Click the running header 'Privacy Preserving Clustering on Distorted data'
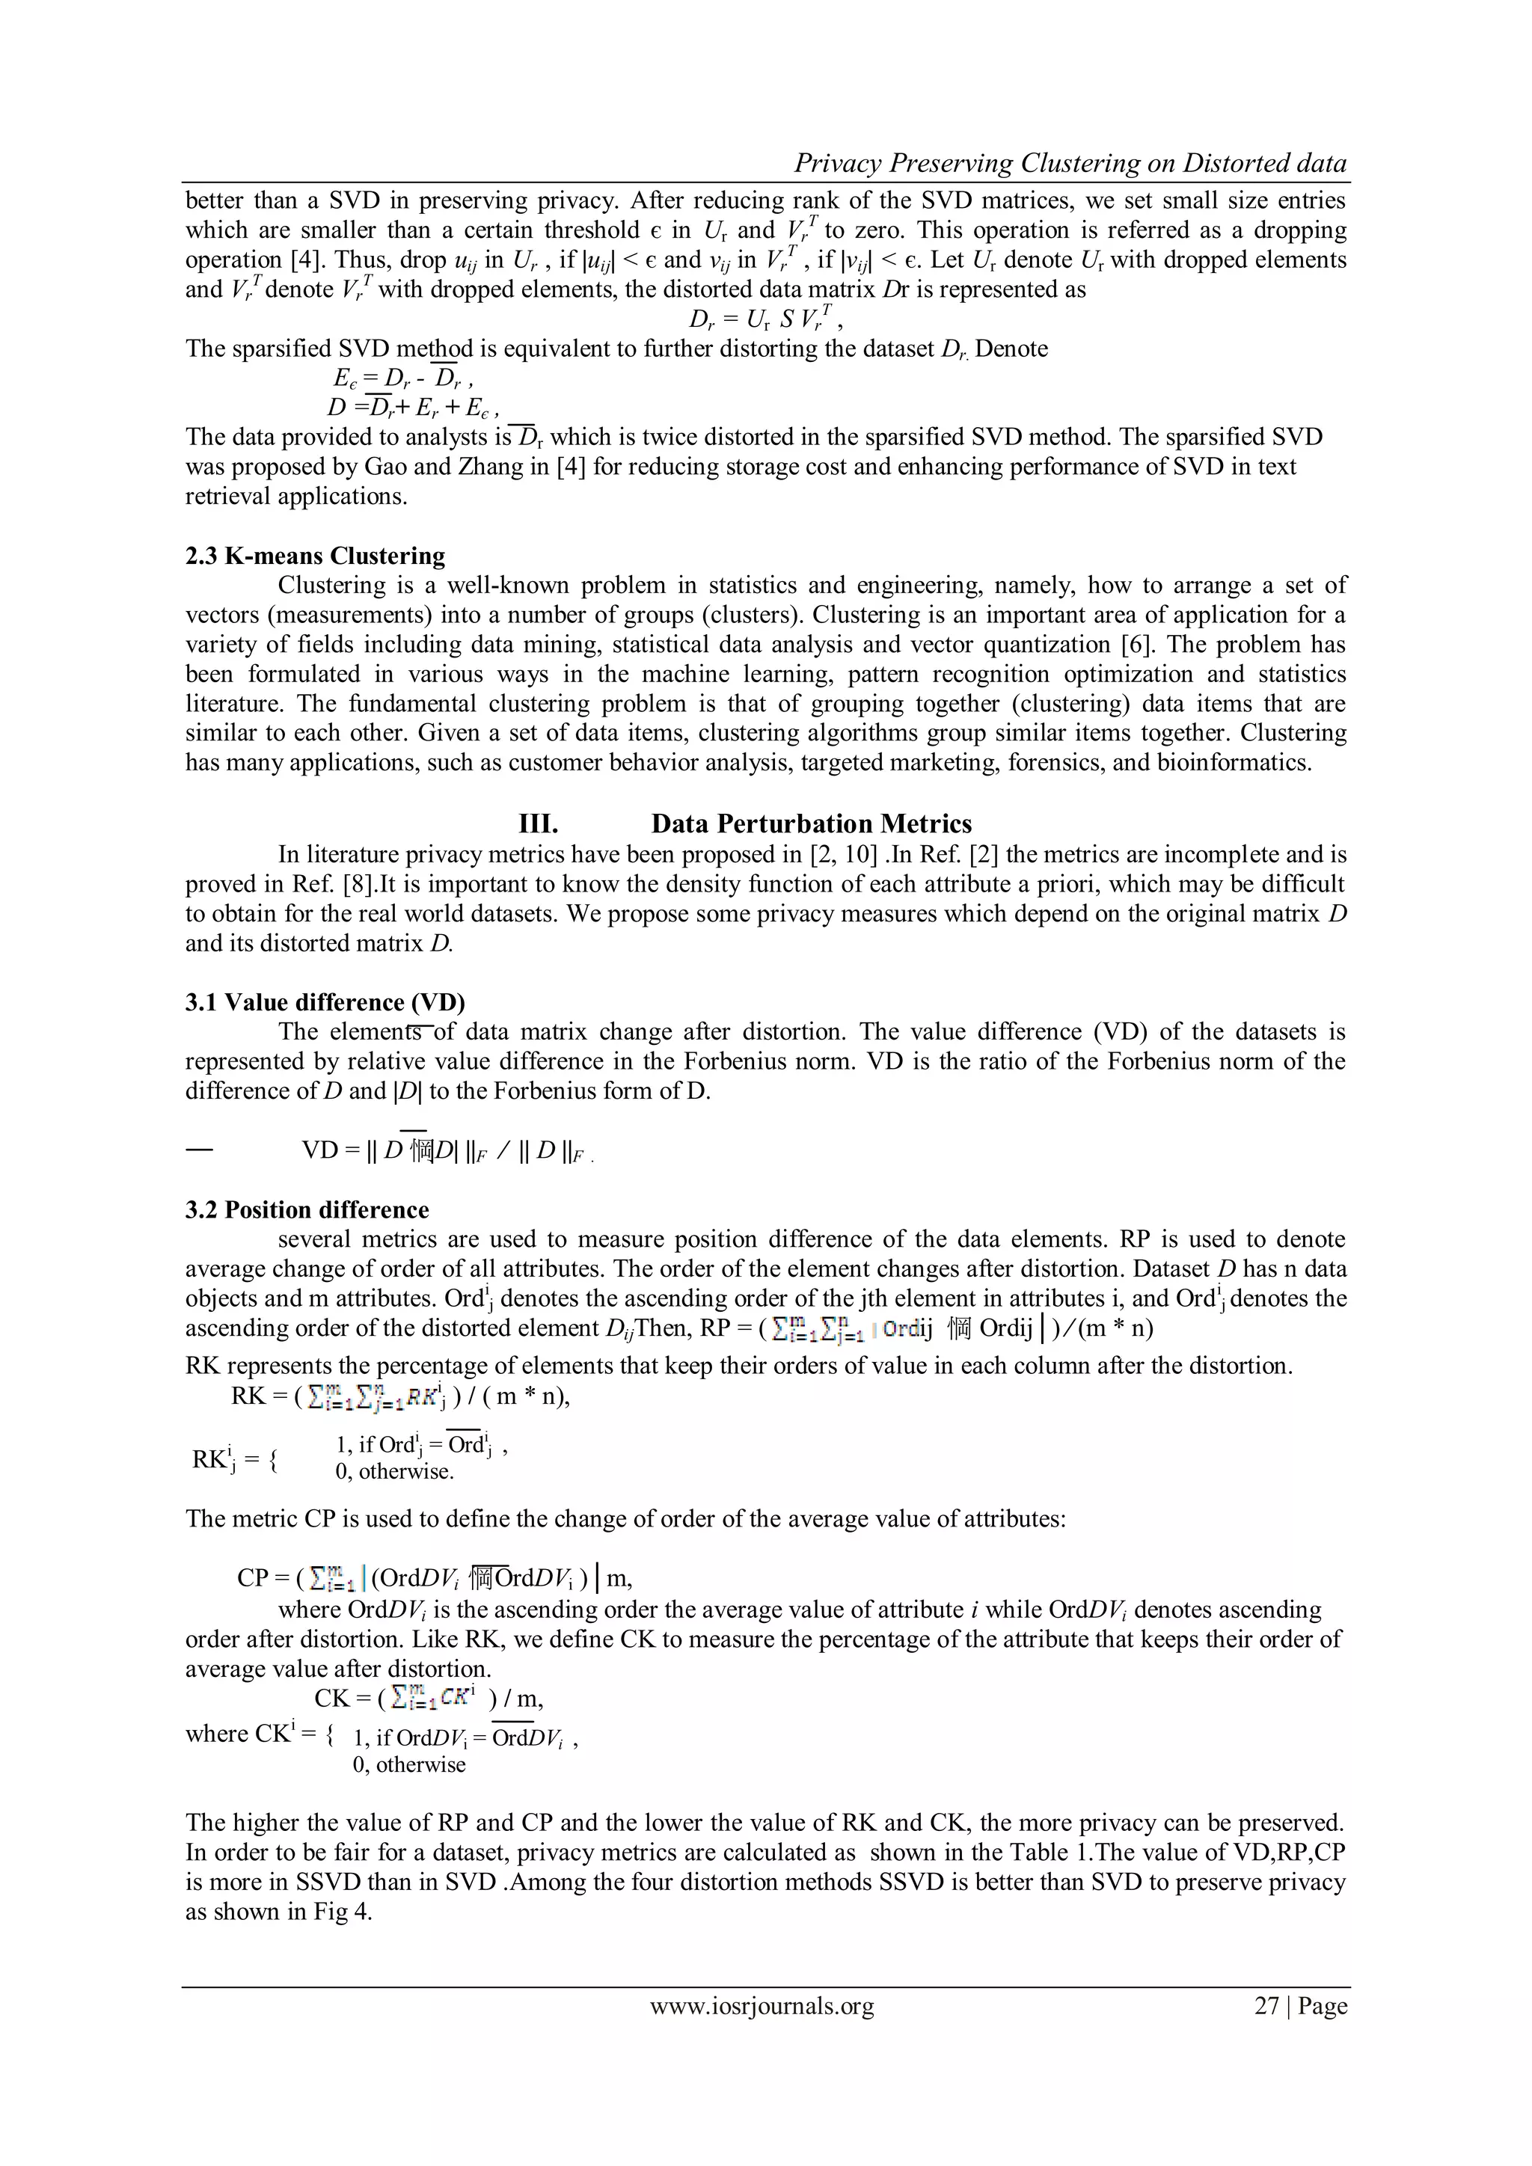pyautogui.click(x=1070, y=163)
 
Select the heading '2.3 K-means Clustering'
pyautogui.click(x=315, y=556)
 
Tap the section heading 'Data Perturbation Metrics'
pyautogui.click(x=812, y=823)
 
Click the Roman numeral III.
pyautogui.click(x=539, y=823)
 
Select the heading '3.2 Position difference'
pyautogui.click(x=307, y=1209)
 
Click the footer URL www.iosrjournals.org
pyautogui.click(x=762, y=2006)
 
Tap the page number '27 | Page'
pyautogui.click(x=1300, y=2006)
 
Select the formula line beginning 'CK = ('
pyautogui.click(x=429, y=1698)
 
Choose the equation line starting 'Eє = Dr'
pyautogui.click(x=396, y=378)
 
